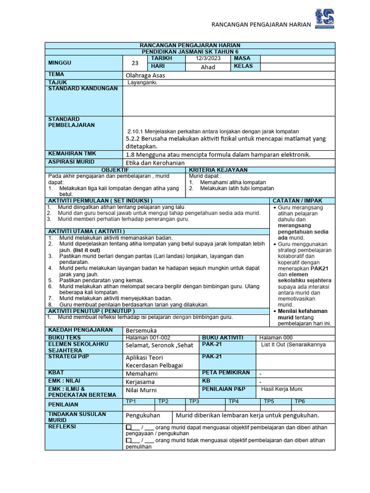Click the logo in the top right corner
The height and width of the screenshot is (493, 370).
tap(324, 19)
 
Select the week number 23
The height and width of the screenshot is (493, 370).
tap(134, 63)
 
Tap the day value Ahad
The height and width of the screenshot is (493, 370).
tap(208, 67)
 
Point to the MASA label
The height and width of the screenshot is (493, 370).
tap(242, 58)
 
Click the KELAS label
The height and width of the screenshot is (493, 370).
tap(243, 66)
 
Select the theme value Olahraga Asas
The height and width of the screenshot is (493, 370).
tap(148, 75)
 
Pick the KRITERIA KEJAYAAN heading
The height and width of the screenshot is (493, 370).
tap(218, 170)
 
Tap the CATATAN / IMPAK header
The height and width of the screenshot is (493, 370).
tap(298, 200)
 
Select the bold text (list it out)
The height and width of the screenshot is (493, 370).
tap(87, 250)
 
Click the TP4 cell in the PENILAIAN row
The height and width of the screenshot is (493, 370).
tap(234, 401)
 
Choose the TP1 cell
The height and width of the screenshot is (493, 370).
tap(131, 401)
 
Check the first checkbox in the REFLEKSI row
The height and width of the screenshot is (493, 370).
tap(128, 427)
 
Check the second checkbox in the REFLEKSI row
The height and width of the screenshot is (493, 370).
tap(128, 440)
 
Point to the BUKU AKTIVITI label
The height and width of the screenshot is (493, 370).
tap(223, 337)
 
